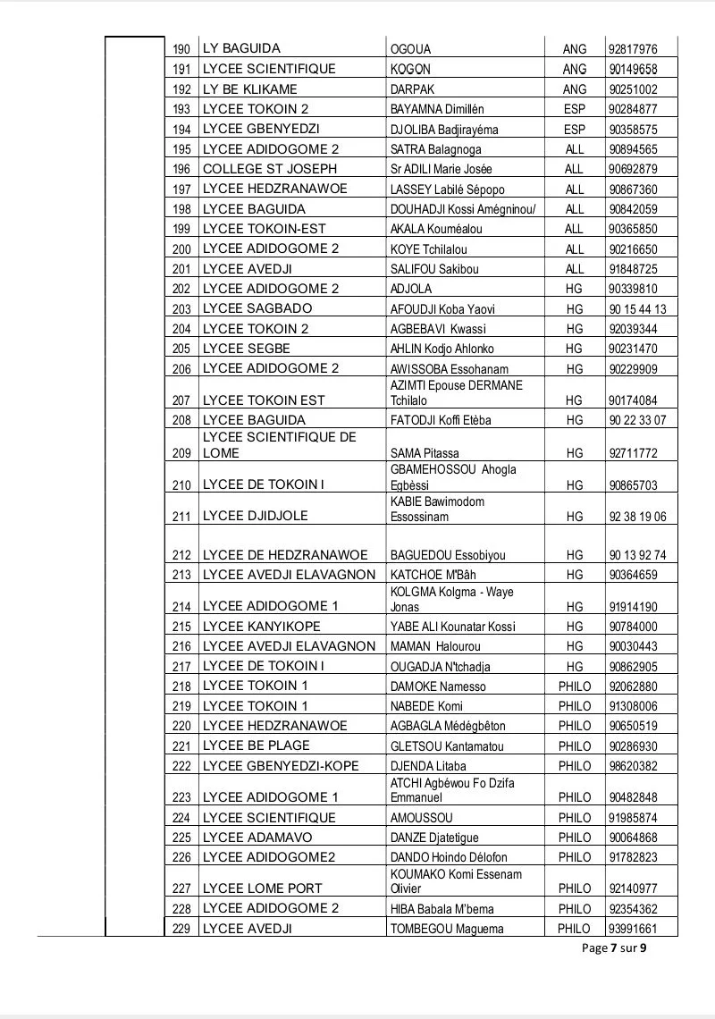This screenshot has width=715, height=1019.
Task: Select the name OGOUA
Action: coord(411,49)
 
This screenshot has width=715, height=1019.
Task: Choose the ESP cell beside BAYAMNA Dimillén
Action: coord(575,109)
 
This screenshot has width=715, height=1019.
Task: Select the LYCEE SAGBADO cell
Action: coord(257,308)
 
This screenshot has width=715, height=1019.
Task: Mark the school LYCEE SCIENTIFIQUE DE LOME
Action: coord(280,444)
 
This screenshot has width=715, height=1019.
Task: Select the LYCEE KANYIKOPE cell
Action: coord(261,626)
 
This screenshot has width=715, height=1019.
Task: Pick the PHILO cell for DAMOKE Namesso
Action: coord(575,686)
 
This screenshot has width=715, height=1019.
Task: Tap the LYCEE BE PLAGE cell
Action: coord(257,745)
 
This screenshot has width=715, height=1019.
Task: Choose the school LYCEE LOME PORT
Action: coord(263,888)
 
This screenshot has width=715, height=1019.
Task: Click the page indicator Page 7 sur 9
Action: coord(613,948)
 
